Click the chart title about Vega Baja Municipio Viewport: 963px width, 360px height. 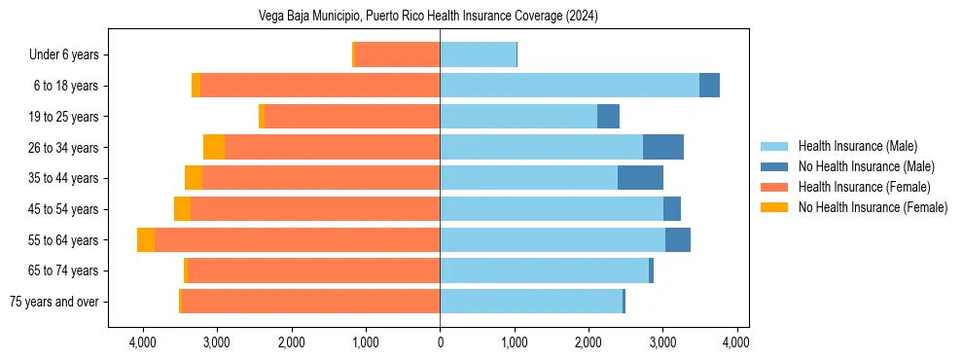point(428,16)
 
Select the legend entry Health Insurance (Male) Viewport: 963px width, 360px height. point(857,146)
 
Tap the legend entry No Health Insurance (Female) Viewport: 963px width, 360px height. point(873,207)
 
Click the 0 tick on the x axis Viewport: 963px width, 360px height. point(440,342)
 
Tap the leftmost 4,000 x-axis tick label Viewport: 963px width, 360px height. point(143,342)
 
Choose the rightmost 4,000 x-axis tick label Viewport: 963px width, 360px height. point(736,342)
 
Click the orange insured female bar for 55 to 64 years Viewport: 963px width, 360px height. point(297,239)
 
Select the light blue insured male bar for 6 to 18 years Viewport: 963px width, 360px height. point(569,86)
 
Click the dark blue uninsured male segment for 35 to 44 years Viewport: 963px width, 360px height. point(640,178)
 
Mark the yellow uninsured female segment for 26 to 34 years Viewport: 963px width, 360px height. point(214,147)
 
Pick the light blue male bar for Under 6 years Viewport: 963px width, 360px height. point(478,54)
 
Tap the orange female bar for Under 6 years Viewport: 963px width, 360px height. point(397,54)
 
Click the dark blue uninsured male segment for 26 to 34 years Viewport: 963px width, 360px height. point(663,147)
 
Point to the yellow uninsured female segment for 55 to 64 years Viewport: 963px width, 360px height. point(146,239)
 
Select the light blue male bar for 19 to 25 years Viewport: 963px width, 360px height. point(518,117)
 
